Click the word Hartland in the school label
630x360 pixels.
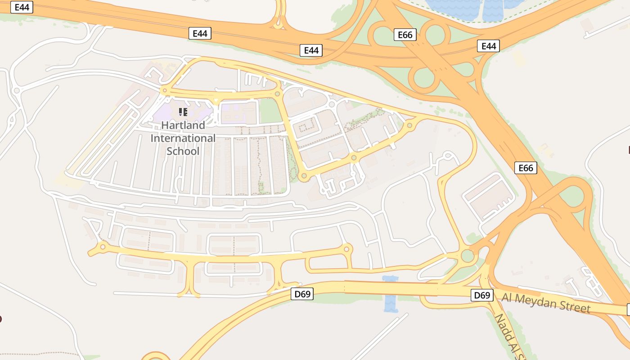pyautogui.click(x=183, y=125)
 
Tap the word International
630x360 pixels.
pyautogui.click(x=183, y=138)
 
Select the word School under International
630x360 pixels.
pyautogui.click(x=183, y=151)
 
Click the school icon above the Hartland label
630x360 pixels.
pyautogui.click(x=183, y=112)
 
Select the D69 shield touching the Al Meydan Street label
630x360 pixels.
pyautogui.click(x=482, y=295)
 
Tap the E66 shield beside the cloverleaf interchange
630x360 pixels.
pyautogui.click(x=405, y=35)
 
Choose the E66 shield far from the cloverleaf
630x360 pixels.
pyautogui.click(x=526, y=168)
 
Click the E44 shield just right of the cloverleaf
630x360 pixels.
pyautogui.click(x=488, y=46)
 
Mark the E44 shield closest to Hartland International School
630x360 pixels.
pyautogui.click(x=200, y=33)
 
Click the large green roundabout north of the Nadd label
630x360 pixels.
pyautogui.click(x=468, y=256)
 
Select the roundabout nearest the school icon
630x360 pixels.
pyautogui.click(x=165, y=91)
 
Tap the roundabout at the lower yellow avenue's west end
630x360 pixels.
pyautogui.click(x=103, y=246)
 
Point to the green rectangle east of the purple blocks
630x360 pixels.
pyautogui.click(x=270, y=111)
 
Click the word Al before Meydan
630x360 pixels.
pyautogui.click(x=507, y=297)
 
